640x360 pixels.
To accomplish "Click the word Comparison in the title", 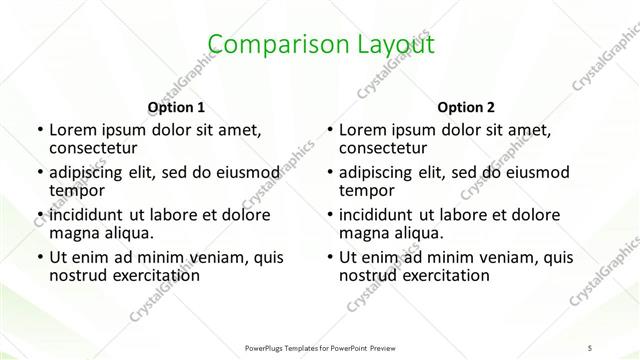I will [x=264, y=44].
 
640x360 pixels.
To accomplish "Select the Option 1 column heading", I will [x=176, y=107].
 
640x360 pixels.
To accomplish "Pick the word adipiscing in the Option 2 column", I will [x=381, y=172].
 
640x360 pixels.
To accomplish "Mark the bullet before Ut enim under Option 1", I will [x=39, y=257].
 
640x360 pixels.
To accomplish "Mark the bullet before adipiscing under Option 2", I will [x=330, y=172].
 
